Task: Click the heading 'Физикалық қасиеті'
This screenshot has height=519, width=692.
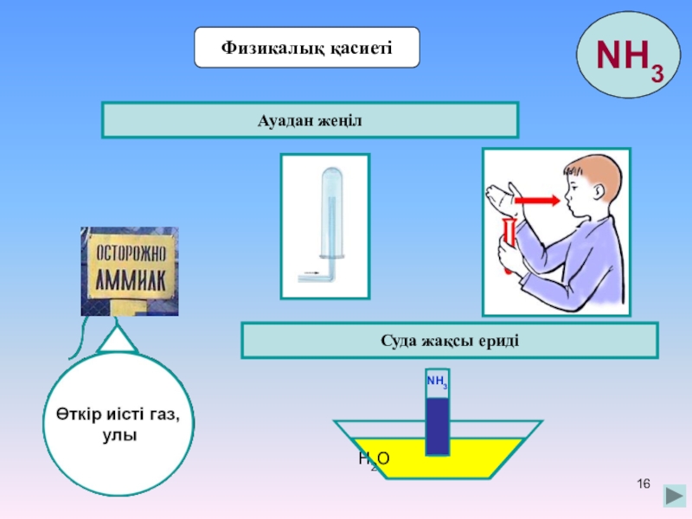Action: pyautogui.click(x=307, y=47)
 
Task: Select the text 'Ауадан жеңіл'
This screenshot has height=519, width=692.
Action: pyautogui.click(x=310, y=120)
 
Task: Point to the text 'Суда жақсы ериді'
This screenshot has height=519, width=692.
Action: pyautogui.click(x=449, y=341)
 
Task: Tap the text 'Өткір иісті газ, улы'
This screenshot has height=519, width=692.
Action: pyautogui.click(x=120, y=426)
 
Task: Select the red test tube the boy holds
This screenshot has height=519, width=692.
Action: pyautogui.click(x=508, y=242)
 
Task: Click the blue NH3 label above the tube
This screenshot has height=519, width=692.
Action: pyautogui.click(x=437, y=381)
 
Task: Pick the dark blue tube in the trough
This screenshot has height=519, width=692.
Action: pyautogui.click(x=437, y=424)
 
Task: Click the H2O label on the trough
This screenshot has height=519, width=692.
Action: pyautogui.click(x=374, y=460)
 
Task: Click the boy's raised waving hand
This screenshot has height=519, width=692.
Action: pyautogui.click(x=502, y=195)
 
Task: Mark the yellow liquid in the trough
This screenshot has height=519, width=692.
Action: pyautogui.click(x=484, y=454)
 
